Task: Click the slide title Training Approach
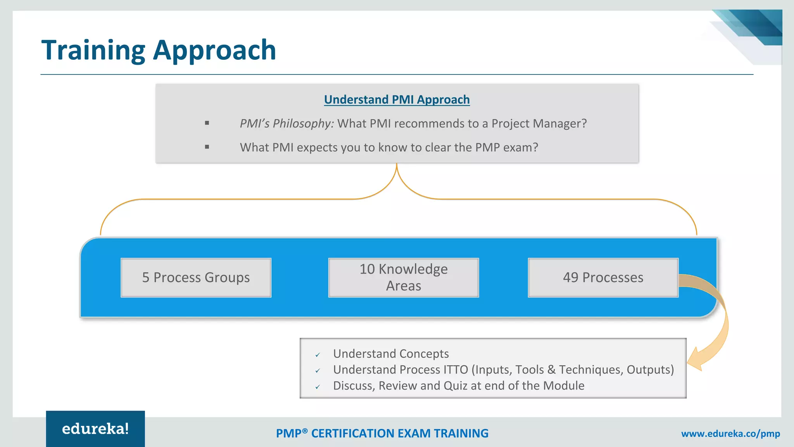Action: point(159,50)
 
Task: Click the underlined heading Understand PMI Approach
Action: point(397,100)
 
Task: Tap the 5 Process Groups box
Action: point(196,278)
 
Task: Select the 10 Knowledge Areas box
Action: point(403,278)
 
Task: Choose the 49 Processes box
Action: point(603,278)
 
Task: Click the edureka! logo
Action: point(95,429)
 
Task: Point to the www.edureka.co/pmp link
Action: point(730,434)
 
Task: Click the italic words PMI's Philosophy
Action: point(287,123)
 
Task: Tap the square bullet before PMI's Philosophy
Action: point(207,123)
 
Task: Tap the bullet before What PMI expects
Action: point(207,147)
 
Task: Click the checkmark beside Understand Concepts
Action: point(318,355)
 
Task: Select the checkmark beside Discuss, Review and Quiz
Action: point(318,387)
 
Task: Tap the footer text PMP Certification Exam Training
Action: point(382,433)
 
